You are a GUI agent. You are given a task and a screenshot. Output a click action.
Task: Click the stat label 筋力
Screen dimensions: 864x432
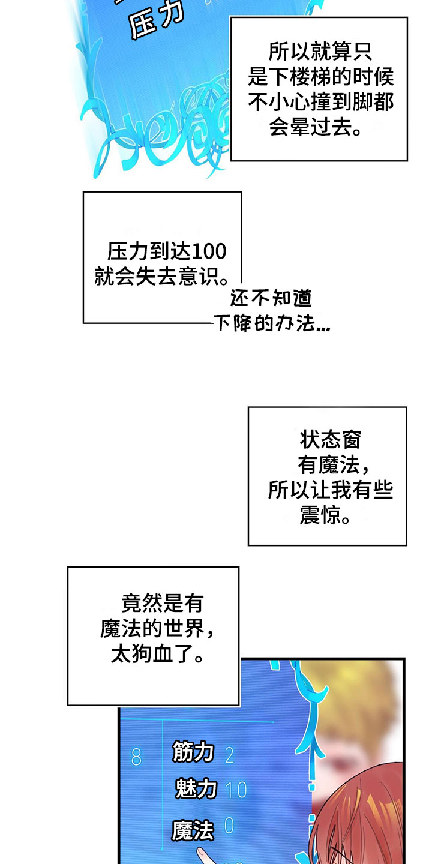pos(193,751)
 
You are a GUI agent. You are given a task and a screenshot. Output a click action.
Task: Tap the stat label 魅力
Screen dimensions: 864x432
pos(196,788)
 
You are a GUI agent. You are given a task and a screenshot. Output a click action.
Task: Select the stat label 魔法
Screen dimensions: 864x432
pos(193,830)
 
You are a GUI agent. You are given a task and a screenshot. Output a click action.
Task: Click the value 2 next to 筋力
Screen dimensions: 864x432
pos(229,754)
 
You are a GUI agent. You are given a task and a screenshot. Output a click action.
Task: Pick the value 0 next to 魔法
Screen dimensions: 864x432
pos(229,827)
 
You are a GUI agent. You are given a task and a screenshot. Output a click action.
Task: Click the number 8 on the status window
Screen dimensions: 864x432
pos(136,758)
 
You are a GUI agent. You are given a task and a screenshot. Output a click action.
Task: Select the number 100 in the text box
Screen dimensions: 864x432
pos(210,251)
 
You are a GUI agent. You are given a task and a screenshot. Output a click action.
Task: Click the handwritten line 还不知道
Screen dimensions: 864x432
pos(271,298)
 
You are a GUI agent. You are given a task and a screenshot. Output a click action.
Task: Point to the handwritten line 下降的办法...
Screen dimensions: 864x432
pos(271,325)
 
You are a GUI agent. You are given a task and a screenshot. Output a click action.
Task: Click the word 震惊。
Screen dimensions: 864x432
pos(326,515)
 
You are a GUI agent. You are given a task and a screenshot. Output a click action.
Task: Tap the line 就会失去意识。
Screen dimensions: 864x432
pos(161,277)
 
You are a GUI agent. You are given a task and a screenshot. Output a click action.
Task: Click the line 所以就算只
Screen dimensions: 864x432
pos(320,52)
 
